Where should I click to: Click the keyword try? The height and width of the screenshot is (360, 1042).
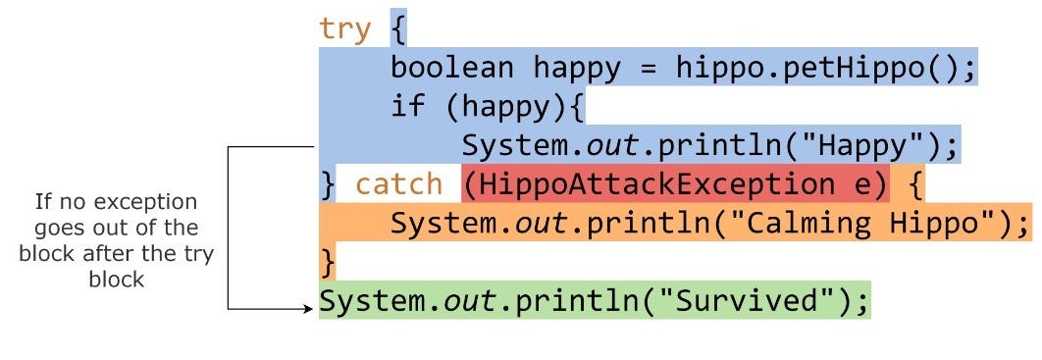(345, 29)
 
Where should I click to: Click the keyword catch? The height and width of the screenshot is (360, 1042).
(399, 184)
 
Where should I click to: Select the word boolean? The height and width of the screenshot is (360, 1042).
(452, 69)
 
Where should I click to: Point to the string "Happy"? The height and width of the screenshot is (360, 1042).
(863, 146)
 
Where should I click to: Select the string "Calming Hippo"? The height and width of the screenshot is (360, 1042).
(862, 224)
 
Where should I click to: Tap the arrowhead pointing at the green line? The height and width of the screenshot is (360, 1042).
(310, 308)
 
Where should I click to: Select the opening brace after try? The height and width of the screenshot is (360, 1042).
(398, 29)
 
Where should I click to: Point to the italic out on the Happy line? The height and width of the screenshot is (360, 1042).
(613, 146)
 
